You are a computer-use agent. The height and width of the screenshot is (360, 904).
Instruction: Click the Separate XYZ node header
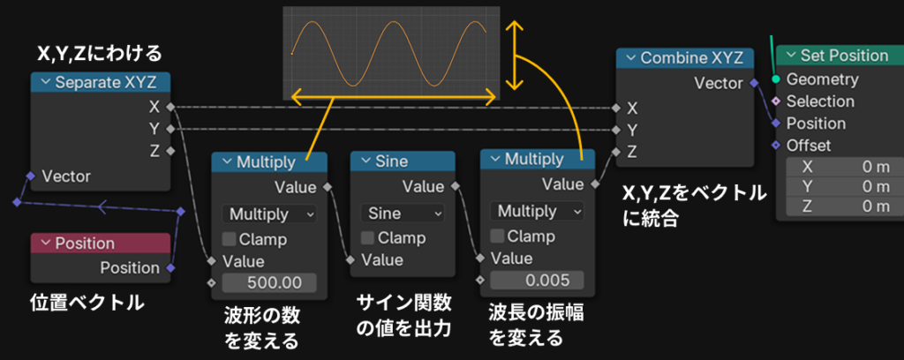(101, 82)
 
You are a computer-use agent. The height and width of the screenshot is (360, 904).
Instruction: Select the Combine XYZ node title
(685, 57)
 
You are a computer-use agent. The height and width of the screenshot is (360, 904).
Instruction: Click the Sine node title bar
(403, 161)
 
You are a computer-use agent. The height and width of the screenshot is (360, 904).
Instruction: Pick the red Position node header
(101, 243)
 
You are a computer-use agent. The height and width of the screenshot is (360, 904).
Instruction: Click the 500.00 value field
(269, 283)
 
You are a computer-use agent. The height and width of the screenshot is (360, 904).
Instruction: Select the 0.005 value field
(538, 281)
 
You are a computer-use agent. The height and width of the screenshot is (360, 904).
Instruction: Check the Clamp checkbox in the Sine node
(368, 236)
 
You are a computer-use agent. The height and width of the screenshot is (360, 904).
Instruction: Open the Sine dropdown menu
(403, 214)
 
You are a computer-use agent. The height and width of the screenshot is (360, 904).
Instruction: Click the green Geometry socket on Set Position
(776, 79)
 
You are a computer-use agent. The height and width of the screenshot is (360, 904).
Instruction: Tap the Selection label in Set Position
(820, 101)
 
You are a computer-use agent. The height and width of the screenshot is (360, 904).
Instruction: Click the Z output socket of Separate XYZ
(170, 152)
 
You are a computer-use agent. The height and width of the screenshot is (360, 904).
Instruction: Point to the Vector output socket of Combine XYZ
(754, 83)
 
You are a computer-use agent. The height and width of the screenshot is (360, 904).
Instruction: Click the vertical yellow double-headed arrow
(515, 56)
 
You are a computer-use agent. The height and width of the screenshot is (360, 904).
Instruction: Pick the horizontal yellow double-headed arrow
(394, 97)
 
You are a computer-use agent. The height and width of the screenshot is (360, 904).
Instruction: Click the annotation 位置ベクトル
(87, 303)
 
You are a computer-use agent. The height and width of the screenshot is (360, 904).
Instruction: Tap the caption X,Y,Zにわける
(99, 55)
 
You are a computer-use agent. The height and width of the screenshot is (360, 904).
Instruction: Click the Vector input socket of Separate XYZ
(31, 176)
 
